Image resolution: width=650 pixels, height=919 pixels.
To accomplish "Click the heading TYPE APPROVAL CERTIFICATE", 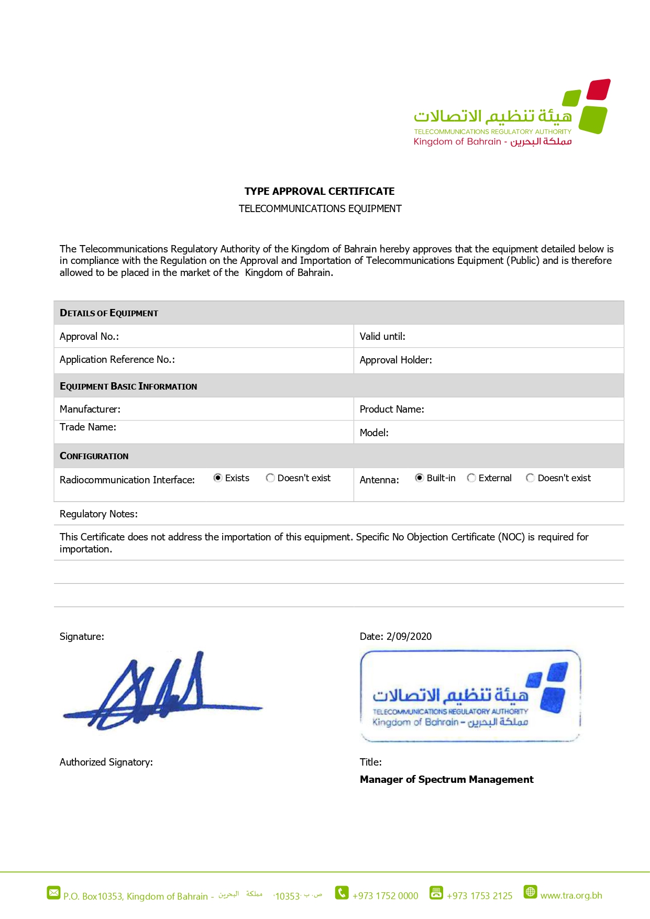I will (x=320, y=191).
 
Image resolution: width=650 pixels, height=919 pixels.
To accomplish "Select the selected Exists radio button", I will (x=218, y=478).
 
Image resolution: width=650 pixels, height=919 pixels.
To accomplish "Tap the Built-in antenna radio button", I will (x=420, y=478).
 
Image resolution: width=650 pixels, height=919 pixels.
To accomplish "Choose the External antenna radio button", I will (x=471, y=478).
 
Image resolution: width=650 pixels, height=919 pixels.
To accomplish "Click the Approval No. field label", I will (x=89, y=336).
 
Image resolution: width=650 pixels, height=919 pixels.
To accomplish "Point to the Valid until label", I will (x=382, y=336).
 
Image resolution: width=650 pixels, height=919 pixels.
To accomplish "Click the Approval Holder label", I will (x=395, y=360).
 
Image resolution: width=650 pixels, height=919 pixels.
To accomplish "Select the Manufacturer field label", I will (x=90, y=409).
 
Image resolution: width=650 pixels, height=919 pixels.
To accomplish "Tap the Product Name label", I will (x=392, y=409).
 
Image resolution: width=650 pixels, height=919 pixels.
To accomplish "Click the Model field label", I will (x=374, y=433).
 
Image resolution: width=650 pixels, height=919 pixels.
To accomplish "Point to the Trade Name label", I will (x=87, y=427).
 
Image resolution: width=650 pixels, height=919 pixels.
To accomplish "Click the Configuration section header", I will (x=94, y=456).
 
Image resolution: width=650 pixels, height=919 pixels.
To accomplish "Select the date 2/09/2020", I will (x=409, y=636).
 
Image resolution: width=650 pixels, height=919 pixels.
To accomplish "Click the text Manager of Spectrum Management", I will (x=446, y=779).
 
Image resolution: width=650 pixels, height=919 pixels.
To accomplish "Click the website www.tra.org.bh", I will (x=571, y=895).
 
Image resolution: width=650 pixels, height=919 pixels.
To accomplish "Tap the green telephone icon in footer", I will (x=341, y=892).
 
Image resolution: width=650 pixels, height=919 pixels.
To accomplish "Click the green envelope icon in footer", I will (x=53, y=892).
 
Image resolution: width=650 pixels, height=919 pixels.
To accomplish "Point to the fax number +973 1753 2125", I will (x=479, y=895).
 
